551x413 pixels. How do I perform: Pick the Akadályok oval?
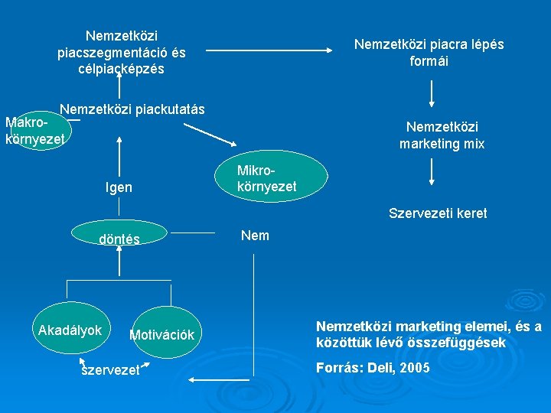(x=70, y=330)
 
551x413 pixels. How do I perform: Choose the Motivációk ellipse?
(x=161, y=334)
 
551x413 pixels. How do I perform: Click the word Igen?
(x=118, y=187)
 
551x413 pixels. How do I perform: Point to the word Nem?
(x=255, y=236)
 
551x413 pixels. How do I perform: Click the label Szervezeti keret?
(x=438, y=213)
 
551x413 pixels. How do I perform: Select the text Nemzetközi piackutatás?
(x=132, y=109)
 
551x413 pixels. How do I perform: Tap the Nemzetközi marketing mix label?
(x=442, y=135)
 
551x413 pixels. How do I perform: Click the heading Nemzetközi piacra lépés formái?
(x=429, y=53)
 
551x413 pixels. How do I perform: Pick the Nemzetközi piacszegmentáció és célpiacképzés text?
(x=122, y=53)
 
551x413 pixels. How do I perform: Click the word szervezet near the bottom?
(x=110, y=369)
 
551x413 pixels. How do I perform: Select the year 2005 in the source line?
(x=413, y=368)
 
